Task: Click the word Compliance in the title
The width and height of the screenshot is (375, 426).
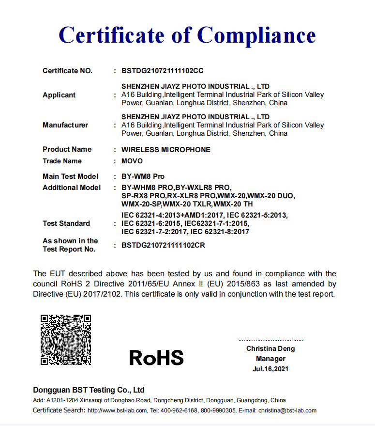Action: coord(256,35)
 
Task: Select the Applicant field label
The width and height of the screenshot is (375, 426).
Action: coord(59,95)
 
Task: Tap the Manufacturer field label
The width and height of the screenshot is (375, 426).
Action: coord(65,125)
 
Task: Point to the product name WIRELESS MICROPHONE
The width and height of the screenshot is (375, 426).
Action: coord(165,150)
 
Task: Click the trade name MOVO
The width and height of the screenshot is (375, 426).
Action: coord(132,161)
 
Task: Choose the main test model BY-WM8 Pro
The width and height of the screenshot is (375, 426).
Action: coord(143,176)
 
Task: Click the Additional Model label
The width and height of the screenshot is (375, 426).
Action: coord(72,188)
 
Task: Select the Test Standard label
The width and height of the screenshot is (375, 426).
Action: coord(66,223)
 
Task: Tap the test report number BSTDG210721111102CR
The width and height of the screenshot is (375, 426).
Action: coord(163,245)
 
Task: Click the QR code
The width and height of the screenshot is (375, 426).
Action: coord(66,339)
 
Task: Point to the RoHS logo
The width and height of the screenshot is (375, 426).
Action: coord(156,358)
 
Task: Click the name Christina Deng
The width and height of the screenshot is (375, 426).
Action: coord(270,348)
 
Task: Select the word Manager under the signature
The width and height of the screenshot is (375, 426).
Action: coord(270,359)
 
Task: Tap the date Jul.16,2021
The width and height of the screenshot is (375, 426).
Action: coord(270,369)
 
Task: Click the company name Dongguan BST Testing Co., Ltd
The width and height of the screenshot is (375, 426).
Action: coord(89,390)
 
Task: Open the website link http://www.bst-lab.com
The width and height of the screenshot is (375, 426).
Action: coord(117,410)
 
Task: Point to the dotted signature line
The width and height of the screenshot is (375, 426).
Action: coord(270,340)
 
